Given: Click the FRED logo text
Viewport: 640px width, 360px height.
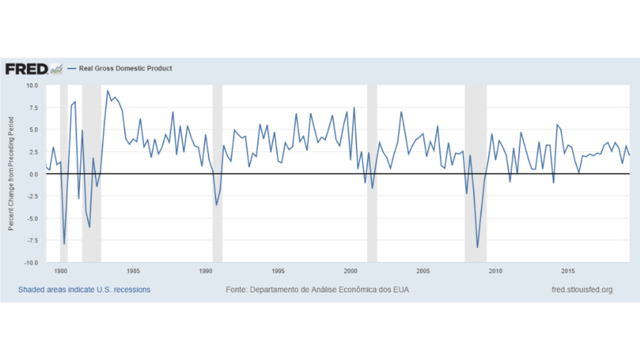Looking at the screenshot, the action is pos(26,69).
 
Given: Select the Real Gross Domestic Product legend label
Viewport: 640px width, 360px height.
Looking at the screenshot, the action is pos(125,68).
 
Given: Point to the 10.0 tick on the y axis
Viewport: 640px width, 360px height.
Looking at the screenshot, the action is pos(32,85).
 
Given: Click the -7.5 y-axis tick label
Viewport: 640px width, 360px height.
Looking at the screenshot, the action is pos(32,240).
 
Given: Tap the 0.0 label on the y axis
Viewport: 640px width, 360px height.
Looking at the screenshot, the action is pos(33,174).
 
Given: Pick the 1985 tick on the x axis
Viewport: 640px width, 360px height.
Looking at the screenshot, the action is pos(133,271).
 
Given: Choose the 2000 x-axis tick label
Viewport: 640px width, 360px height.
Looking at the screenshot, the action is pos(350,271).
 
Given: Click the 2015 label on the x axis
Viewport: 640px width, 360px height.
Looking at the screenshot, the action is pos(567,271).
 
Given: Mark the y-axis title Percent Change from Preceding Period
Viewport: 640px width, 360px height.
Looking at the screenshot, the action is pos(11,173).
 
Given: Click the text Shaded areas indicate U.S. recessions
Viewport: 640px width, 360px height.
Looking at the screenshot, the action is pos(84,289).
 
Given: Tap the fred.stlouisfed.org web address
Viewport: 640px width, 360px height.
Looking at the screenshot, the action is pos(582,289).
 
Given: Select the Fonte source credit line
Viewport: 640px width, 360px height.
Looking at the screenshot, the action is pos(317,289).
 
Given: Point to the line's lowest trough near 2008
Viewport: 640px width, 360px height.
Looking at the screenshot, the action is pos(477,247).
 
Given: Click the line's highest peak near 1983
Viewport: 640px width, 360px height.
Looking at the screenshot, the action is pos(107,90).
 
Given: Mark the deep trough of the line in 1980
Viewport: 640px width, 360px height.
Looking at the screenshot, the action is pos(64,243).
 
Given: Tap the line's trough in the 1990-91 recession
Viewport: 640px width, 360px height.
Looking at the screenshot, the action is pos(216,205).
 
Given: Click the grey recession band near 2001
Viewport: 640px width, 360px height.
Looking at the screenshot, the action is pos(372,173).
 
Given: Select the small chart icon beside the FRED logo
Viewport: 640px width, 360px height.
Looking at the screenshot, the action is pos(56,69).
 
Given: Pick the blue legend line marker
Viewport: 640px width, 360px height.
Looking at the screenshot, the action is pos(71,68).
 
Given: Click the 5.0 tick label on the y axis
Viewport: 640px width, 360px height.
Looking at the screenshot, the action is pos(33,130).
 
